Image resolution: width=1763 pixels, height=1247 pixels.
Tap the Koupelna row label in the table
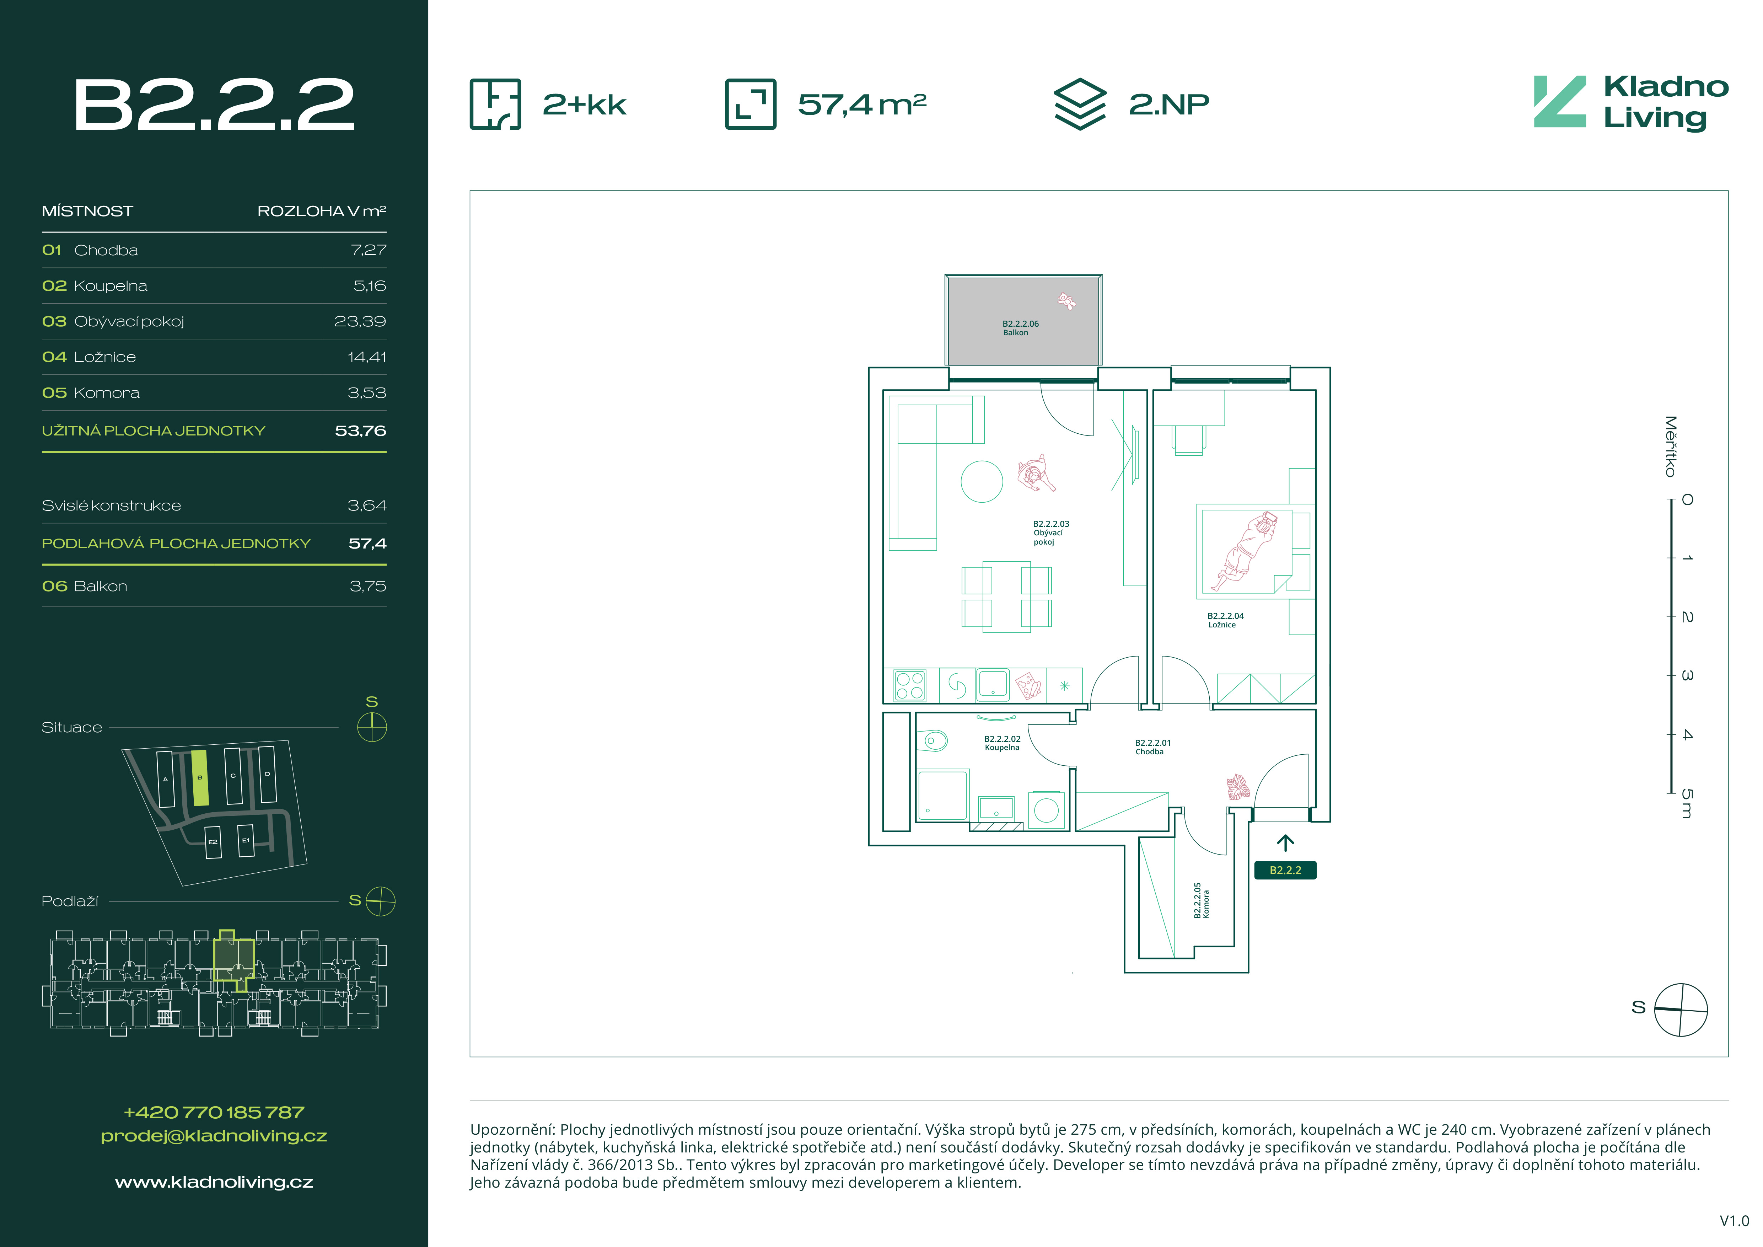coord(111,286)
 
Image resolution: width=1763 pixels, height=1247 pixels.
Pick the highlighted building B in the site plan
coord(200,778)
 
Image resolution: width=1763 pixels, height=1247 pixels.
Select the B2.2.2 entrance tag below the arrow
coord(1285,870)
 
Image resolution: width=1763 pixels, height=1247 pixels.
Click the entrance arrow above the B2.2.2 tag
coord(1285,843)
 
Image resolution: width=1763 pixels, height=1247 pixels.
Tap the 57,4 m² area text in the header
coord(861,105)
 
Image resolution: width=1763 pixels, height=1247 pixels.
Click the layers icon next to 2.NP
coord(1080,104)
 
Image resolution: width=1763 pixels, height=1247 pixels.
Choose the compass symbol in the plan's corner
coord(1681,1009)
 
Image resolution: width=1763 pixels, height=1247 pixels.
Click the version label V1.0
coord(1734,1221)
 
